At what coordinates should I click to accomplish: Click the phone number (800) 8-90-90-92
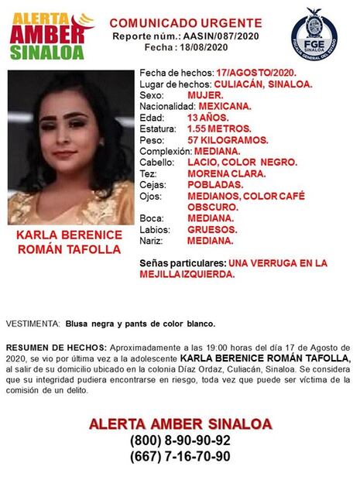click(x=180, y=441)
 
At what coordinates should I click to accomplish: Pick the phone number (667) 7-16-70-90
click(x=180, y=457)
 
